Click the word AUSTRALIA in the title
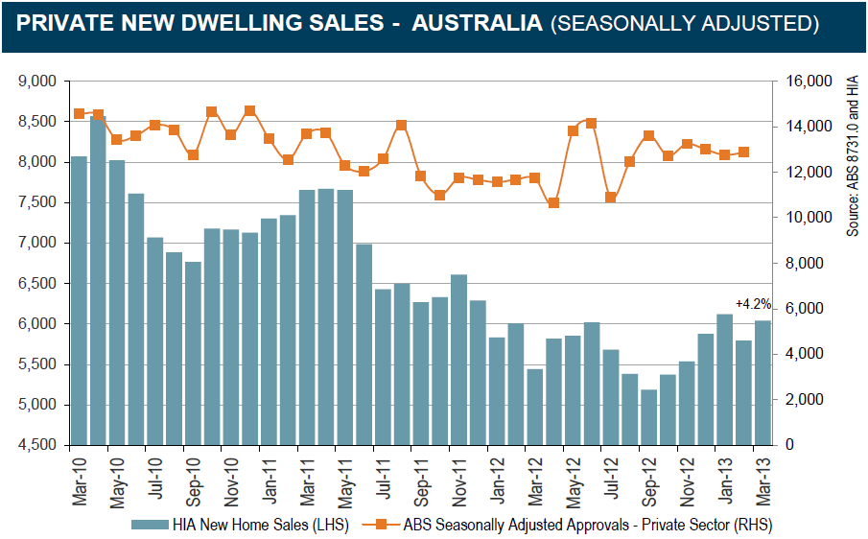[477, 22]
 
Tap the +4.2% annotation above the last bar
[754, 303]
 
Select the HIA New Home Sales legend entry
[240, 524]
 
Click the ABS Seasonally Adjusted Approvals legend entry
[575, 524]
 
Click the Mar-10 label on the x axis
[79, 469]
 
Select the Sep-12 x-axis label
[649, 469]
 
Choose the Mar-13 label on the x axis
[763, 469]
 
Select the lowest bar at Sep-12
[649, 417]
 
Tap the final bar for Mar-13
[763, 383]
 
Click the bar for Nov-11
[459, 360]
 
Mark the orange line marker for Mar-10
[79, 114]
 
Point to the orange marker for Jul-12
[611, 198]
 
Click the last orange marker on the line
[744, 152]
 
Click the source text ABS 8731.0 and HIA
[852, 159]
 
